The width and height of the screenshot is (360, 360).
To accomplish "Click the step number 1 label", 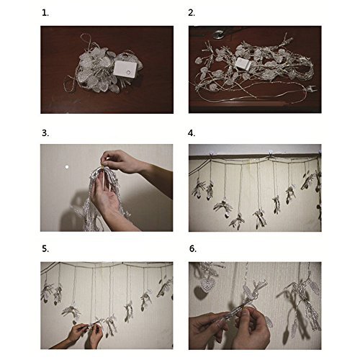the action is [45, 13].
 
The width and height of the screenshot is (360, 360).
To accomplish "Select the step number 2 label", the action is [192, 13].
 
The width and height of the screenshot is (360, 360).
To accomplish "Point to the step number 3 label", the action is [45, 133].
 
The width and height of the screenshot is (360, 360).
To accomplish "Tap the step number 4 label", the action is [192, 133].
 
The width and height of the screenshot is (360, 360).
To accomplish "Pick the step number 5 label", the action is [45, 248].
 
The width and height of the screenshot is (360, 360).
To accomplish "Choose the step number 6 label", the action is [193, 248].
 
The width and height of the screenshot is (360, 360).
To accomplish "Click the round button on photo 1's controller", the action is [129, 72].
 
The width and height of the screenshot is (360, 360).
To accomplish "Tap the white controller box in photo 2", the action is [243, 63].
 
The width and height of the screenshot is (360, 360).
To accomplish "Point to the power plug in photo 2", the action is [311, 90].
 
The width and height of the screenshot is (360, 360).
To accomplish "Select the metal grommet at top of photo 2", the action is [218, 34].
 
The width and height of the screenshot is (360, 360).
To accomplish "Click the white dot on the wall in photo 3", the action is [67, 167].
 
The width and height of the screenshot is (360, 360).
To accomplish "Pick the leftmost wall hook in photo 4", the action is [211, 153].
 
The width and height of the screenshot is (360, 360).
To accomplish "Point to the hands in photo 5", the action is [85, 333].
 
